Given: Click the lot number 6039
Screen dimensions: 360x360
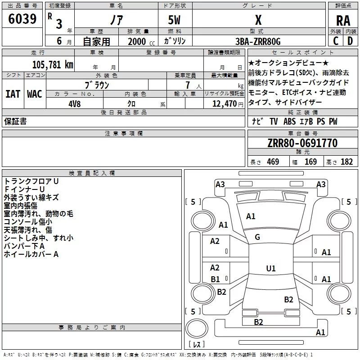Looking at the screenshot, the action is click(x=22, y=19).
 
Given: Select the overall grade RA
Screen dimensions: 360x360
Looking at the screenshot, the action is click(x=343, y=21).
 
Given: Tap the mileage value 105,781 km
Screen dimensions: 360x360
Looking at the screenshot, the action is click(x=53, y=65).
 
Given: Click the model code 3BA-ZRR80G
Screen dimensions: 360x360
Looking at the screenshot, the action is click(x=258, y=41).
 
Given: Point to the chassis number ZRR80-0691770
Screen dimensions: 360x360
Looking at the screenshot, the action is click(x=302, y=143).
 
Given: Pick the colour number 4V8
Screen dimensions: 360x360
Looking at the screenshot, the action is click(x=75, y=104).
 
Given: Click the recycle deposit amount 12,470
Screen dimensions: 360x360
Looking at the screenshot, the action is click(x=224, y=104).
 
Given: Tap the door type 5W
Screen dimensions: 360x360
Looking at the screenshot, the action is click(x=174, y=20).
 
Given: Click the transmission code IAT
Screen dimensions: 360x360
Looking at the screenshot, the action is click(x=13, y=94).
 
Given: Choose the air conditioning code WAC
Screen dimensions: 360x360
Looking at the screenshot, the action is click(x=35, y=94).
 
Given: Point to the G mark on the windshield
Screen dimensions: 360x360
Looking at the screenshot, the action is click(x=257, y=237).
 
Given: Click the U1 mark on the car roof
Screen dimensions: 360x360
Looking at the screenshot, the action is click(x=271, y=268).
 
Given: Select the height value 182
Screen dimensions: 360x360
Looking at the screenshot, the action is click(x=346, y=162).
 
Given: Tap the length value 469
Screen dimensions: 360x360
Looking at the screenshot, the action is click(x=273, y=162).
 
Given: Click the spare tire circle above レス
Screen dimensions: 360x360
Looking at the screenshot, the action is click(x=197, y=328).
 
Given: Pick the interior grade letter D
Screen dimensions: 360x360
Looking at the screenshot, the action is click(x=350, y=41).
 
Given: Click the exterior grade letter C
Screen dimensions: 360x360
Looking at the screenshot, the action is click(x=336, y=41).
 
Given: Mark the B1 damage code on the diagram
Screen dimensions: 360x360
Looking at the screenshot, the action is click(x=216, y=279).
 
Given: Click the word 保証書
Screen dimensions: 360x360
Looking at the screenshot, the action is click(x=15, y=121).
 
